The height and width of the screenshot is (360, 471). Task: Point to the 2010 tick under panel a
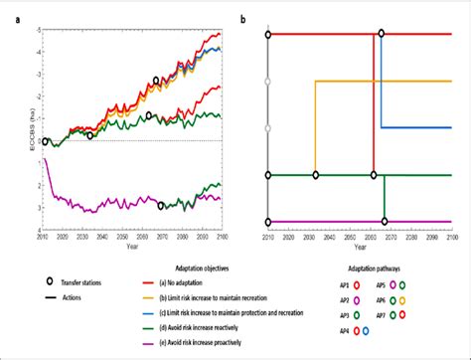click(x=43, y=238)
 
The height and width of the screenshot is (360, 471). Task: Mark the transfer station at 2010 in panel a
click(x=46, y=142)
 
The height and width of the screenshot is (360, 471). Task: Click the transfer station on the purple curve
click(x=162, y=206)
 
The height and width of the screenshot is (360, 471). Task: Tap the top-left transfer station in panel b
click(x=268, y=34)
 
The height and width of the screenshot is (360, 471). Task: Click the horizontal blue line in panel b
click(x=417, y=127)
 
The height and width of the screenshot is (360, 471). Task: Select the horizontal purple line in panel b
click(x=358, y=221)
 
